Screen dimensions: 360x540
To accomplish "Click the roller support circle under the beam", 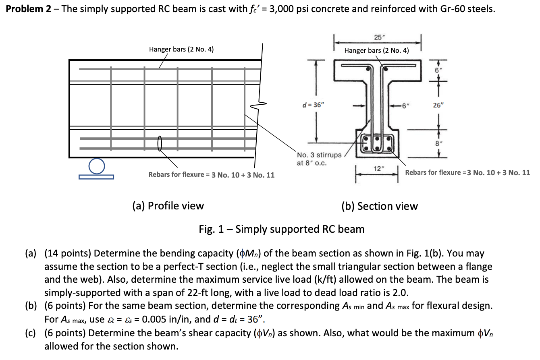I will pos(96,166).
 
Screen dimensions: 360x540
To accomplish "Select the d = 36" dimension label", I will pos(313,105).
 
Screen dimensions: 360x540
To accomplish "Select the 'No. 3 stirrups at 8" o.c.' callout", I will pos(319,159).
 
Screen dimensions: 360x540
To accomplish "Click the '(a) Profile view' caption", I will pos(168,206).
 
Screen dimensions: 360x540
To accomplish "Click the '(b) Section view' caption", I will pos(379,206).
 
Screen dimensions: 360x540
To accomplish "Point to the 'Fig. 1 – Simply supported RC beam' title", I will pos(282,229).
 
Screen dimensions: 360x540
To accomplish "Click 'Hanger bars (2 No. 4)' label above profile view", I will pos(181,49).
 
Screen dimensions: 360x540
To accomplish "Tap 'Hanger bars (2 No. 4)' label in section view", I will pos(376,50).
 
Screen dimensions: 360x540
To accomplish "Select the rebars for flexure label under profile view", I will pos(211,175).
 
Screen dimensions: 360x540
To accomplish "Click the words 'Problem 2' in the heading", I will pos(27,9).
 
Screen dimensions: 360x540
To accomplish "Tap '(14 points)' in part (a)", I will pos(68,253).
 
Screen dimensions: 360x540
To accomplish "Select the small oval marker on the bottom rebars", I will pos(160,143).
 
